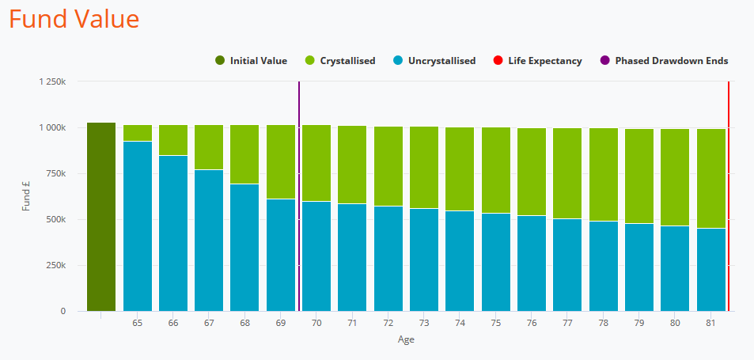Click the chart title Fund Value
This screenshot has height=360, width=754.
point(74,19)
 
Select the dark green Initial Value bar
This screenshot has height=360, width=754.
point(101,217)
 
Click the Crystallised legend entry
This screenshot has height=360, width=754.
point(340,61)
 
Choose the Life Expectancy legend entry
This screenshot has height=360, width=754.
point(537,61)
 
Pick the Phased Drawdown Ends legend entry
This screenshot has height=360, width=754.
point(664,61)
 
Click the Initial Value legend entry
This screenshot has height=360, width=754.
point(251,61)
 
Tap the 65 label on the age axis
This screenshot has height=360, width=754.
point(138,324)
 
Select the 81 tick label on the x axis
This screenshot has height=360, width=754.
point(710,324)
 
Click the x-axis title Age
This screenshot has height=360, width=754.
point(406,340)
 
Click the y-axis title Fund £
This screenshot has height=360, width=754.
point(26,196)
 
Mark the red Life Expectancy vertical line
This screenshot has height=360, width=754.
point(728,198)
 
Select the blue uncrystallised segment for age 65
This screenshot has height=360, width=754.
point(138,225)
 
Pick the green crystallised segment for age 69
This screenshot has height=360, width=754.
point(281,161)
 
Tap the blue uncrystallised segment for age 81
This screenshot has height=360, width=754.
point(710,269)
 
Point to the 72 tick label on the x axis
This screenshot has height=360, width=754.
point(388,324)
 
